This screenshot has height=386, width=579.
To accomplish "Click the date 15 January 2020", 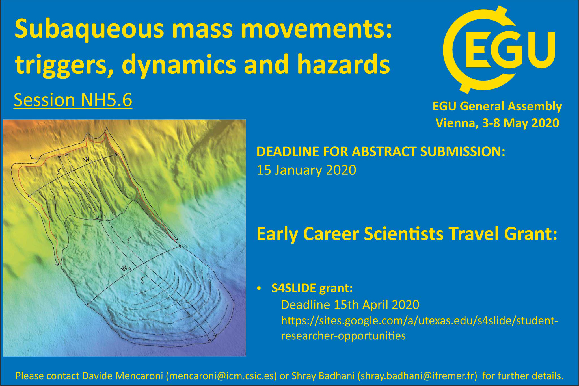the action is [306, 170].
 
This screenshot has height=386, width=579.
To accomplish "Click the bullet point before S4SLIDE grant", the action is [259, 289].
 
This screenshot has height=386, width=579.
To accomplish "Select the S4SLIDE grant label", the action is [312, 288].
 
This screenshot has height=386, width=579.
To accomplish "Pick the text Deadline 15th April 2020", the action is [350, 305].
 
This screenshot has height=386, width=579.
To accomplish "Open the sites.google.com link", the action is [420, 328].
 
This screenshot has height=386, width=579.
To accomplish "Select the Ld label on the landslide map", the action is [143, 280].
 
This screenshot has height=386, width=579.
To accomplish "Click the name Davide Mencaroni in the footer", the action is [123, 376].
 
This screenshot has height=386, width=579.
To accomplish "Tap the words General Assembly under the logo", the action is [511, 107].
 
